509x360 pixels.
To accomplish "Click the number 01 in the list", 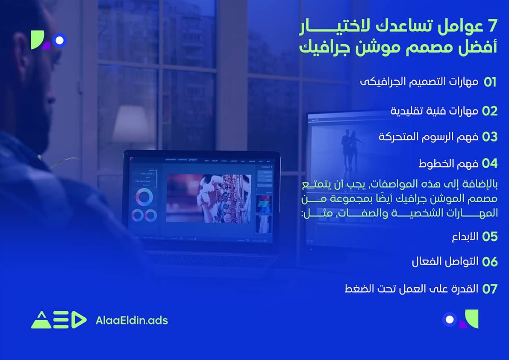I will (x=490, y=83).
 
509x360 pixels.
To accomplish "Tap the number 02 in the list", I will (x=490, y=111).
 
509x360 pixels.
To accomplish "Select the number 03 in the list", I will (x=490, y=137).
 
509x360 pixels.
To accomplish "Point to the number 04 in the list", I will (x=490, y=163).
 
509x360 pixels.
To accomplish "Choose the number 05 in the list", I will (x=490, y=236).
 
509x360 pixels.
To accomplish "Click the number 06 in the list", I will (x=490, y=262).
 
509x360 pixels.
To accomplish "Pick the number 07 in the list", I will (x=490, y=289).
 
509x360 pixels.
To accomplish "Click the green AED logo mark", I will (x=58, y=320).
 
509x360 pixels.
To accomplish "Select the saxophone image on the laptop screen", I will (x=208, y=197).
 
